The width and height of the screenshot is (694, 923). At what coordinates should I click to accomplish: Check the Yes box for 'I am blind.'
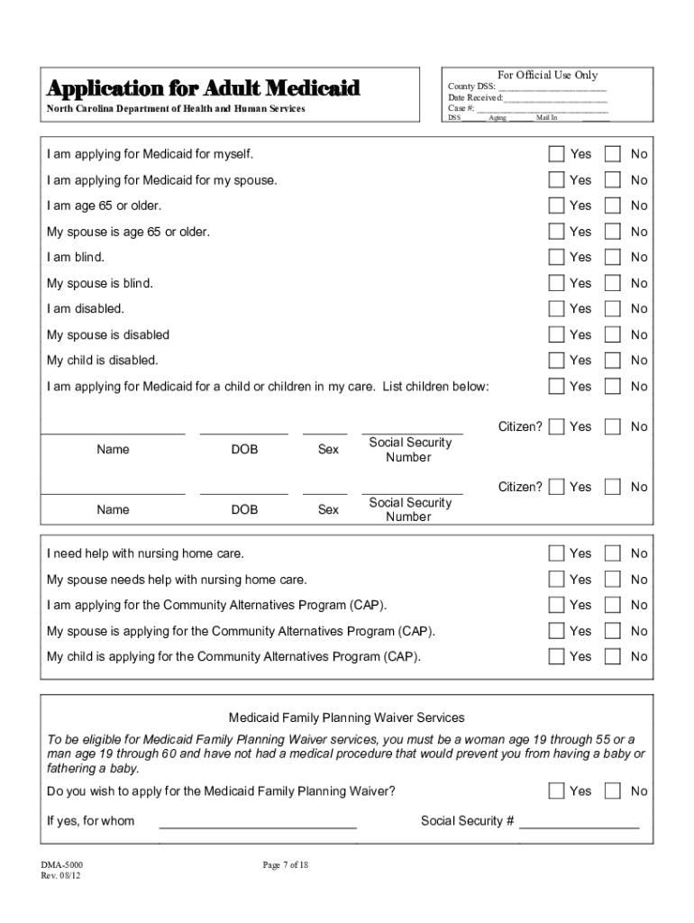tap(557, 257)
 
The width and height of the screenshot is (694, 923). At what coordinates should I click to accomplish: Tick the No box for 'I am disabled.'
tap(613, 308)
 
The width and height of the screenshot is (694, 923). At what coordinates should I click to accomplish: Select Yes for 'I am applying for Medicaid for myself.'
tap(557, 154)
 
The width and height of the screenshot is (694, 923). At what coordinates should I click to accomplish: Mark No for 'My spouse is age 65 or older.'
tap(613, 232)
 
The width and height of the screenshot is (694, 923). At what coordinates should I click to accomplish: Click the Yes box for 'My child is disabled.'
tap(557, 360)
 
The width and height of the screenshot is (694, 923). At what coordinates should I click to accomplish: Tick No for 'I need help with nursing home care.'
tap(613, 553)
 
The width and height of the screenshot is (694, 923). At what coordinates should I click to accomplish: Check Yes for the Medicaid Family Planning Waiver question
tap(557, 790)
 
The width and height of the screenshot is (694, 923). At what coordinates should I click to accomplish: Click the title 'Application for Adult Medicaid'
tap(204, 88)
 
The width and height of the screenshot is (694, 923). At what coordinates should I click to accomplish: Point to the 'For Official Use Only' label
tap(547, 75)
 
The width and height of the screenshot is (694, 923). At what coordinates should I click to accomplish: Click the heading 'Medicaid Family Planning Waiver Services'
tap(346, 717)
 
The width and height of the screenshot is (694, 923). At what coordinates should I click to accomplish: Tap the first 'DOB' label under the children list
tap(244, 450)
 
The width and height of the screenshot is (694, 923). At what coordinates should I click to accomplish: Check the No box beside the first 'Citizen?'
tap(613, 426)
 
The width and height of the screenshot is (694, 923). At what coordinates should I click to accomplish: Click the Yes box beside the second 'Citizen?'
tap(557, 487)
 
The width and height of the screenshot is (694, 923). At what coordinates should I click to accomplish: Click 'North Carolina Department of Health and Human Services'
tap(177, 109)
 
